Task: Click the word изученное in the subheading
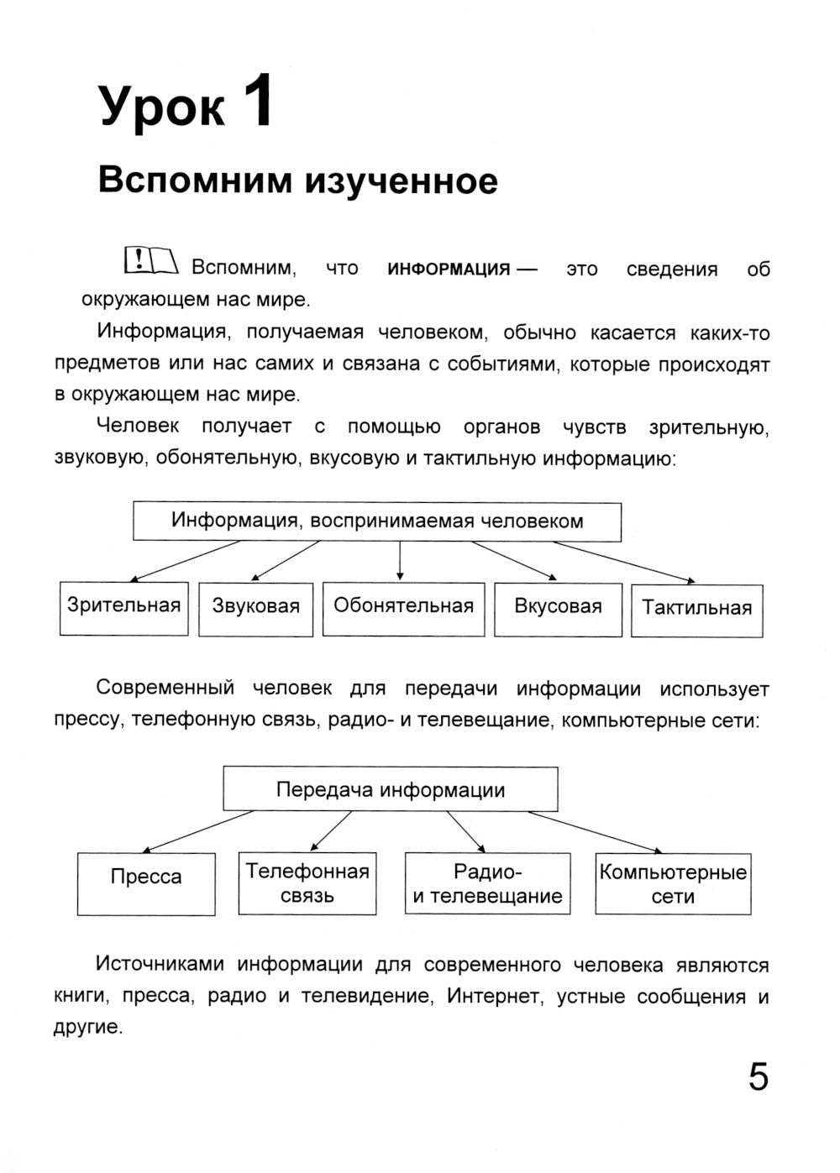pyautogui.click(x=400, y=181)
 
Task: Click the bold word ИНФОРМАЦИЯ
pyautogui.click(x=449, y=270)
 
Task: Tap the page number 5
pyautogui.click(x=758, y=1077)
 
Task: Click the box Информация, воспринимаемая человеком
pyautogui.click(x=377, y=521)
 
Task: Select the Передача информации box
pyautogui.click(x=391, y=789)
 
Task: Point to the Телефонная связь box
pyautogui.click(x=307, y=883)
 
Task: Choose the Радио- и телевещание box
pyautogui.click(x=487, y=883)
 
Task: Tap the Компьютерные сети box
pyautogui.click(x=673, y=883)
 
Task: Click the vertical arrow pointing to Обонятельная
pyautogui.click(x=400, y=561)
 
